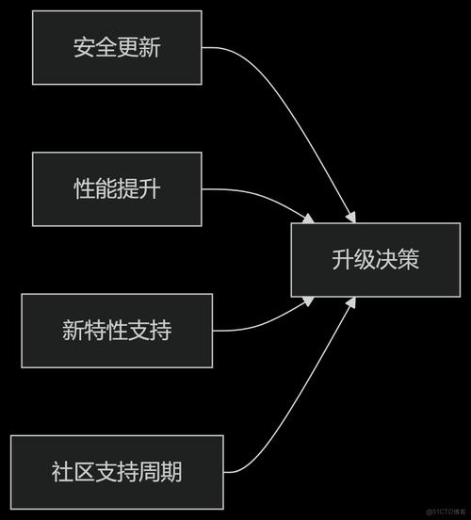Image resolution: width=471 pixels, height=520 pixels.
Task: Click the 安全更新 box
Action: pyautogui.click(x=117, y=47)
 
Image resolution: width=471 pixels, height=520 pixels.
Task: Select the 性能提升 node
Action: pyautogui.click(x=117, y=188)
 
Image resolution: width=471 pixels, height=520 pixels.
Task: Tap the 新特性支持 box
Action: pyautogui.click(x=117, y=330)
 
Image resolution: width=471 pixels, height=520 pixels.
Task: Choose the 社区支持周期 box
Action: pyautogui.click(x=117, y=471)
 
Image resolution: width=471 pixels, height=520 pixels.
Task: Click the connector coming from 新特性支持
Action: pyautogui.click(x=264, y=323)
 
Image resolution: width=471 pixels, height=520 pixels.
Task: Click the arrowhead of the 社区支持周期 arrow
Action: pyautogui.click(x=350, y=302)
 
